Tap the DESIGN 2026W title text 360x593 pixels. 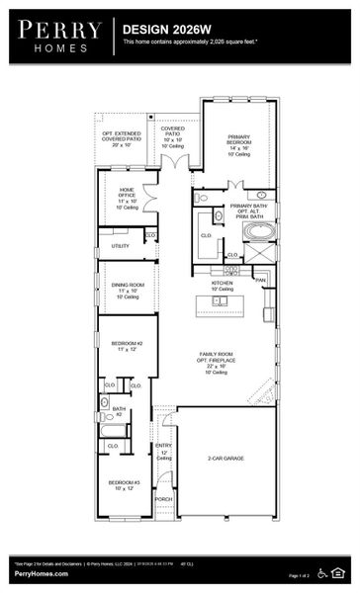[x=163, y=31]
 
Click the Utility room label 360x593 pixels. [x=120, y=246]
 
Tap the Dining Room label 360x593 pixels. [x=128, y=290]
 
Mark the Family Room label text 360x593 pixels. [x=220, y=360]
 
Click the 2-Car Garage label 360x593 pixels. [x=225, y=459]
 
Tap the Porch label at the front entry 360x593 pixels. [x=163, y=499]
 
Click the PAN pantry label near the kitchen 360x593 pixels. [x=260, y=281]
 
